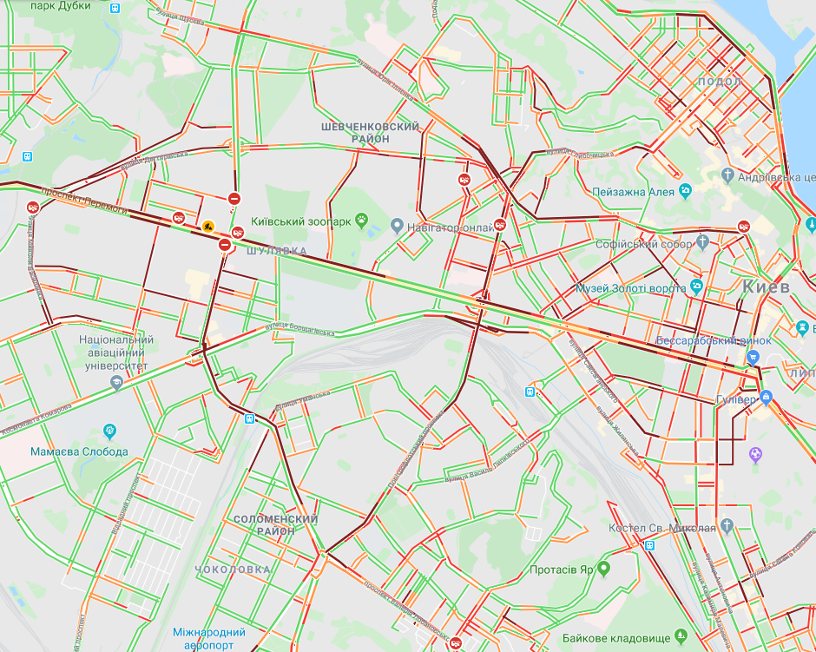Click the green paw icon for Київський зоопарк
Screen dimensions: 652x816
tap(360, 221)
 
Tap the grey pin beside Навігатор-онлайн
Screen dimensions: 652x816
tap(397, 227)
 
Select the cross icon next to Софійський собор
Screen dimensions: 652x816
tap(701, 244)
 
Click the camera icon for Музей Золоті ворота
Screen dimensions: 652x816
tap(696, 286)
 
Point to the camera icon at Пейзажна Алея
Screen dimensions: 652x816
tap(685, 190)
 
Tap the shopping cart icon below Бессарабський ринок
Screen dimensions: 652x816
tap(753, 357)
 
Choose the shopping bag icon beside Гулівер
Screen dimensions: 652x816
tap(766, 397)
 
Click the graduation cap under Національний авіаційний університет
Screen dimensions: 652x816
tap(116, 382)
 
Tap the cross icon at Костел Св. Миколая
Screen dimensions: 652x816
tap(727, 526)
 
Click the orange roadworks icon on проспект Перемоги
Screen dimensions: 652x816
tap(208, 227)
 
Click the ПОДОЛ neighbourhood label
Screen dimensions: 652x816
tap(719, 82)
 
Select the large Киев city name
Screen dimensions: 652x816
tap(766, 286)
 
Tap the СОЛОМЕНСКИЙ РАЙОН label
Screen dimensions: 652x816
tap(275, 524)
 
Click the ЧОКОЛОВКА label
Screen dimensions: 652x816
tap(232, 570)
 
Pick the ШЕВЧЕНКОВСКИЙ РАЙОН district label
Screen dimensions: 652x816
tap(370, 132)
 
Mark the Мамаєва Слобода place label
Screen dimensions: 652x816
tap(79, 451)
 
